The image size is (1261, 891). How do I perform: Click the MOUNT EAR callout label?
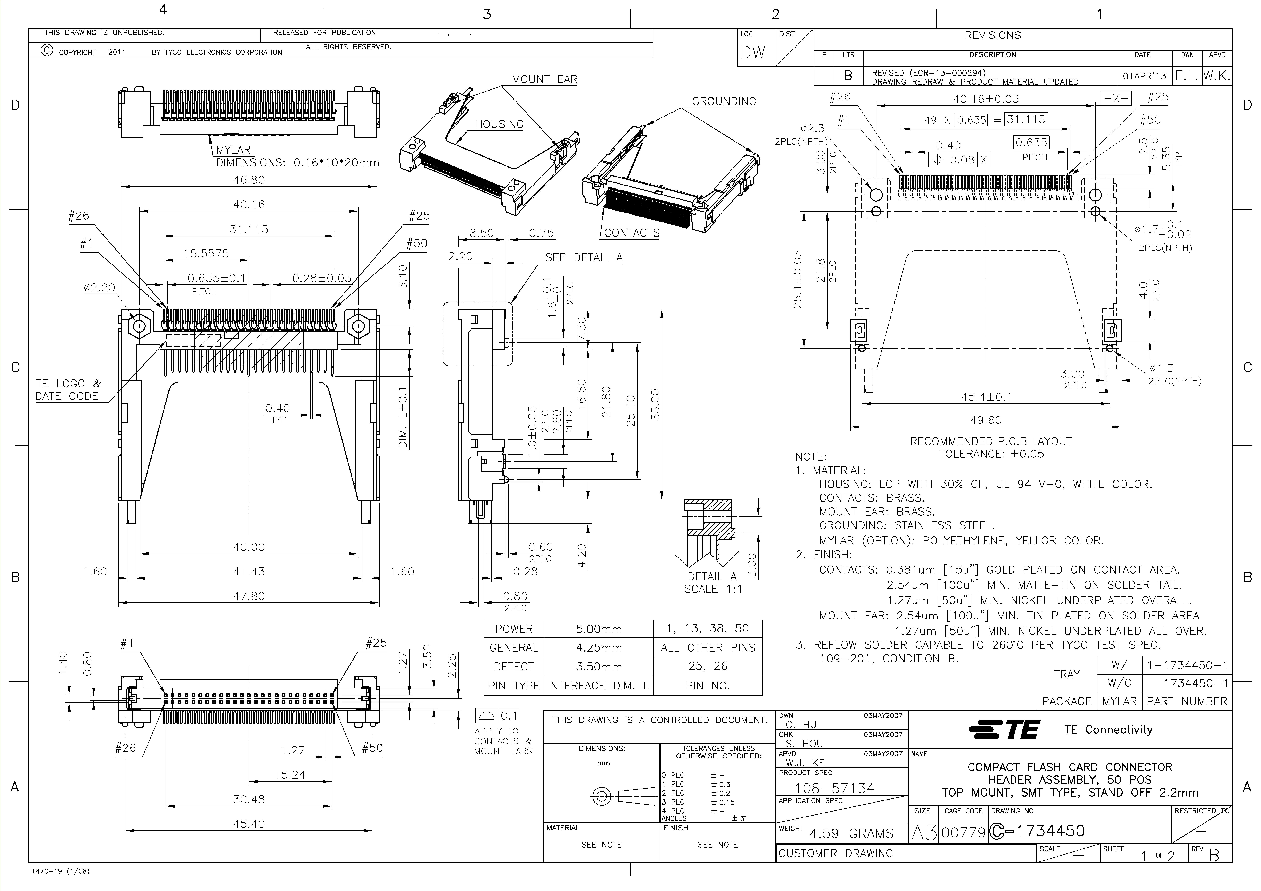pos(544,79)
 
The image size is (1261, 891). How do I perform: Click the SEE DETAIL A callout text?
pos(584,257)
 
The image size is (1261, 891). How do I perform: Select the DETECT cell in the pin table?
pos(513,666)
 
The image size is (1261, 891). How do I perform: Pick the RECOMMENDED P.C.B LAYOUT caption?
pos(991,441)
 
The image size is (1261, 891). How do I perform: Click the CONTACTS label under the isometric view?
pos(632,233)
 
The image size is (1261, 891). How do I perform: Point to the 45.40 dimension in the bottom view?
pos(249,823)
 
